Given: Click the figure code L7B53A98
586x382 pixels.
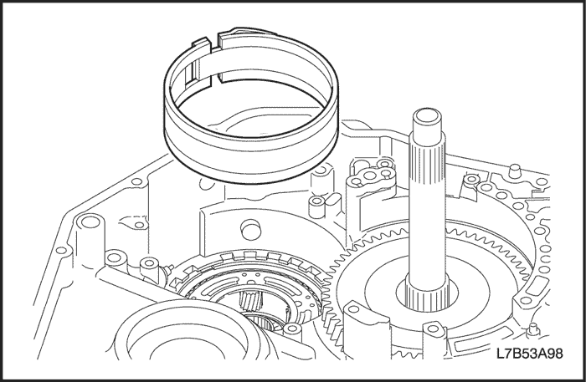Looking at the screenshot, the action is click(x=530, y=354).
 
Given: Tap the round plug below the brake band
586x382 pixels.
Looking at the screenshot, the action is click(x=250, y=229).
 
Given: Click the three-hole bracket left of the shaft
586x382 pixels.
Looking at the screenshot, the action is click(x=371, y=176).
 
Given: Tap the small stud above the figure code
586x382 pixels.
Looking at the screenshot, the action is click(x=532, y=330).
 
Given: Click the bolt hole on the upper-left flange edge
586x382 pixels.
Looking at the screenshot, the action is click(x=136, y=182).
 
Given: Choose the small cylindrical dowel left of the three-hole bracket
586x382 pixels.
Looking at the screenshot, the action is click(x=316, y=206).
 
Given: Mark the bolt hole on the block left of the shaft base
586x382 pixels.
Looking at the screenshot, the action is click(x=353, y=309).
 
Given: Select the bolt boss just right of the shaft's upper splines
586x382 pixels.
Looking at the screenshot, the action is click(x=470, y=180).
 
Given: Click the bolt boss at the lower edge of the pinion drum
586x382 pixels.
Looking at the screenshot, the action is click(x=291, y=329).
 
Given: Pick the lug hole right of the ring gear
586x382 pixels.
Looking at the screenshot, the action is click(x=525, y=301).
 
